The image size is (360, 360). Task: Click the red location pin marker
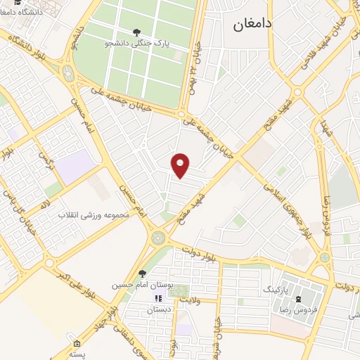pyautogui.click(x=181, y=165)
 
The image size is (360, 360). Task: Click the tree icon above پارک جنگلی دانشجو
pyautogui.click(x=136, y=31)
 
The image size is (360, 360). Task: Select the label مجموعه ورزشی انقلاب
pyautogui.click(x=94, y=214)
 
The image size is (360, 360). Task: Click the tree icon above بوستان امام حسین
pyautogui.click(x=142, y=274)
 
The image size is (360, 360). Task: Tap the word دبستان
pyautogui.click(x=159, y=309)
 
